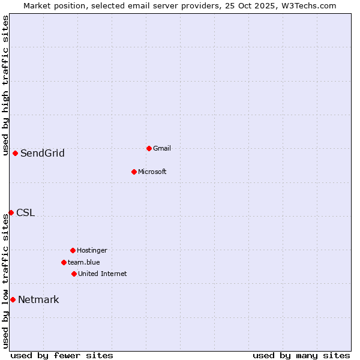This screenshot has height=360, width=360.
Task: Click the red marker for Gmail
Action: (149, 148)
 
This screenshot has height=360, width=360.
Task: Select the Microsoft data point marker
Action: (134, 172)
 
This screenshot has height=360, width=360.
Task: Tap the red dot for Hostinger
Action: (73, 250)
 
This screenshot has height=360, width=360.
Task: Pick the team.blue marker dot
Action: (64, 262)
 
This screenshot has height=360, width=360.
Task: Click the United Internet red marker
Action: (74, 274)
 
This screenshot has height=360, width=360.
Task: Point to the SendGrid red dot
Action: (15, 153)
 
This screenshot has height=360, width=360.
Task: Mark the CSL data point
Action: (11, 212)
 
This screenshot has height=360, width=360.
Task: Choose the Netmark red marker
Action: (13, 299)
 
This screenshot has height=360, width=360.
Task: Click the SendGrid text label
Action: (43, 153)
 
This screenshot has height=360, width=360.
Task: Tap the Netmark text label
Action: (38, 299)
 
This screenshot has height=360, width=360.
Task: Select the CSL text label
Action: (26, 212)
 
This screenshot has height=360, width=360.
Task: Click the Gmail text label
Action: (162, 148)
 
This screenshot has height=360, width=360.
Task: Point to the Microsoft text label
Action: (152, 172)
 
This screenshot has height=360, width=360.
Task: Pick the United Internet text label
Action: (102, 274)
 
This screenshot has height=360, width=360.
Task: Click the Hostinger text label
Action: (92, 250)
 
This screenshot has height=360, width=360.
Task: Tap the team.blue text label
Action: (83, 262)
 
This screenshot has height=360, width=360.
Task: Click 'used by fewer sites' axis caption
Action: (62, 355)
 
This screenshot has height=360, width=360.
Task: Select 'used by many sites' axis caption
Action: (301, 355)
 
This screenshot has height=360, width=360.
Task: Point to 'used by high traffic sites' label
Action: (5, 85)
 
